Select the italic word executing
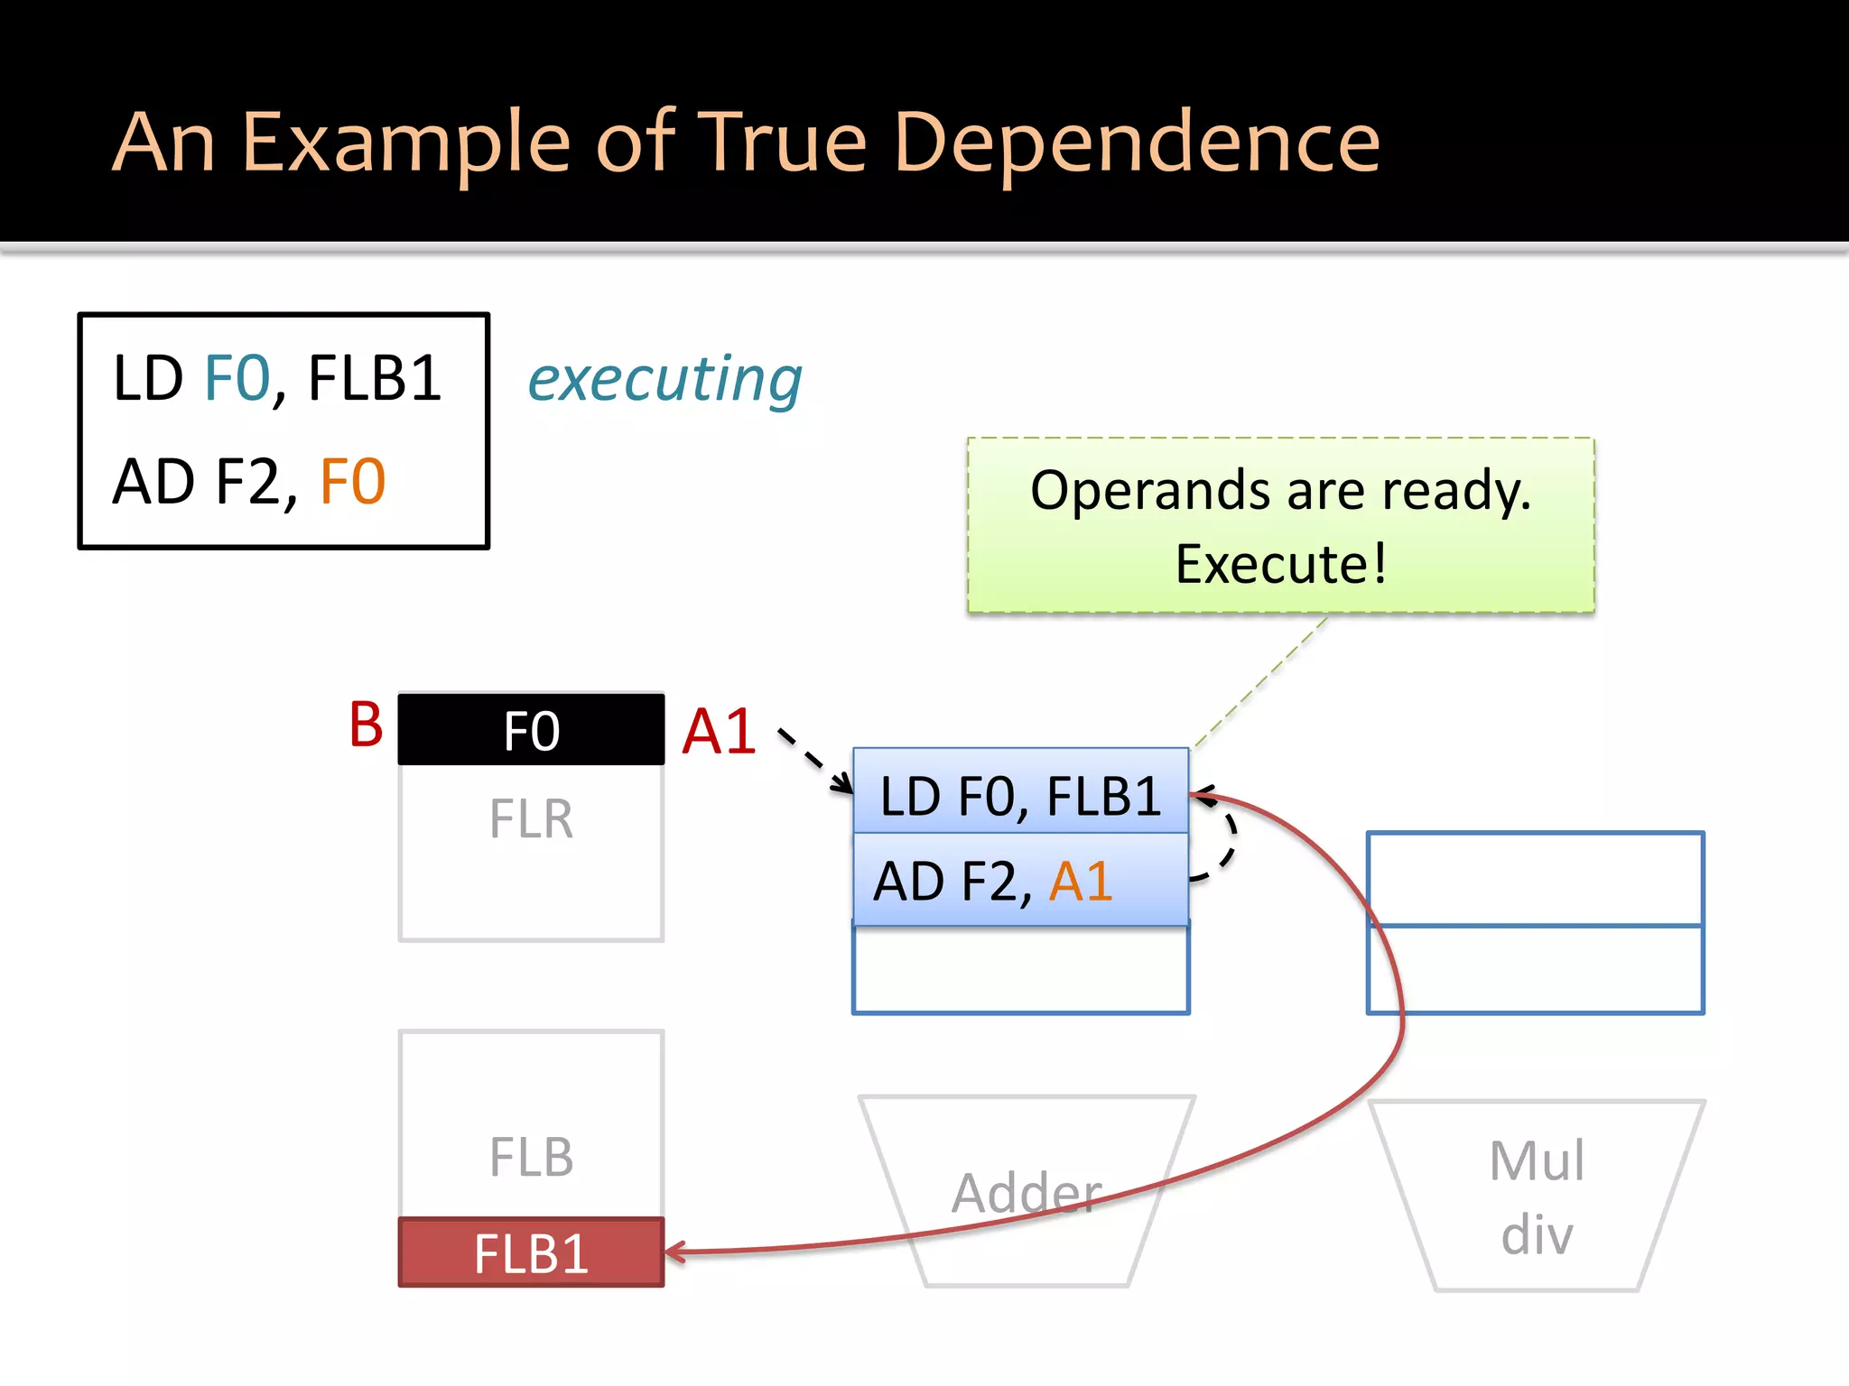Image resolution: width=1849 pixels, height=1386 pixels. [x=664, y=379]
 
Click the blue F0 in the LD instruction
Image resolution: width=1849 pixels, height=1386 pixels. [x=237, y=379]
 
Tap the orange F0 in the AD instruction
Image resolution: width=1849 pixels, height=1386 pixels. [x=352, y=482]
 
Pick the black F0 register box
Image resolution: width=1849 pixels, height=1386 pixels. [x=531, y=730]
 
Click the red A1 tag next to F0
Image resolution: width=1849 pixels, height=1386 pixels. [x=719, y=731]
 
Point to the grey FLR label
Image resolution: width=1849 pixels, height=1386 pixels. [x=531, y=819]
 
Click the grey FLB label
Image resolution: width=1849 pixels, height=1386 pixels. [x=531, y=1158]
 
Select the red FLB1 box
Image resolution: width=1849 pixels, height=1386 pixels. [x=531, y=1253]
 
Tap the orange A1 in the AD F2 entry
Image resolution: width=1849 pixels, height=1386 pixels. [x=1080, y=882]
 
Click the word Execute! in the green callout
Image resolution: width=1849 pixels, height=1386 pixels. [x=1280, y=565]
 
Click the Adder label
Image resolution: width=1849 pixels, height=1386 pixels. [x=1027, y=1193]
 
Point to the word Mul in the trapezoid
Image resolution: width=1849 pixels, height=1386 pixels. [x=1537, y=1160]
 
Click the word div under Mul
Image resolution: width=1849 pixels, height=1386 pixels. [x=1537, y=1234]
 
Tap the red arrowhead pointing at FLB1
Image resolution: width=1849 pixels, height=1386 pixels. [x=673, y=1252]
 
